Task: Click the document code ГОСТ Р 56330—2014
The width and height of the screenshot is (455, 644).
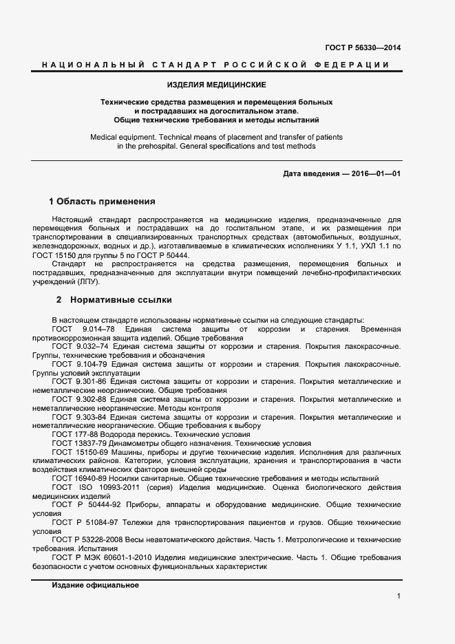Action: click(x=362, y=47)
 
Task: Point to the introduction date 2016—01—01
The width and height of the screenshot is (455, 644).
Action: click(x=374, y=173)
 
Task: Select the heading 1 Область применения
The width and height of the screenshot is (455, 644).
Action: click(x=101, y=202)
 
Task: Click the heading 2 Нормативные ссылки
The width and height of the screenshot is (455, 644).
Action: click(x=114, y=300)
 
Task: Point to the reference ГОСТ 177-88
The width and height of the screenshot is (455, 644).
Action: click(x=76, y=434)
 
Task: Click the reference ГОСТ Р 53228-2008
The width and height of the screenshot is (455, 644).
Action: click(x=93, y=541)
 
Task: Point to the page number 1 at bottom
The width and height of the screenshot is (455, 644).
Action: click(x=399, y=596)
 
